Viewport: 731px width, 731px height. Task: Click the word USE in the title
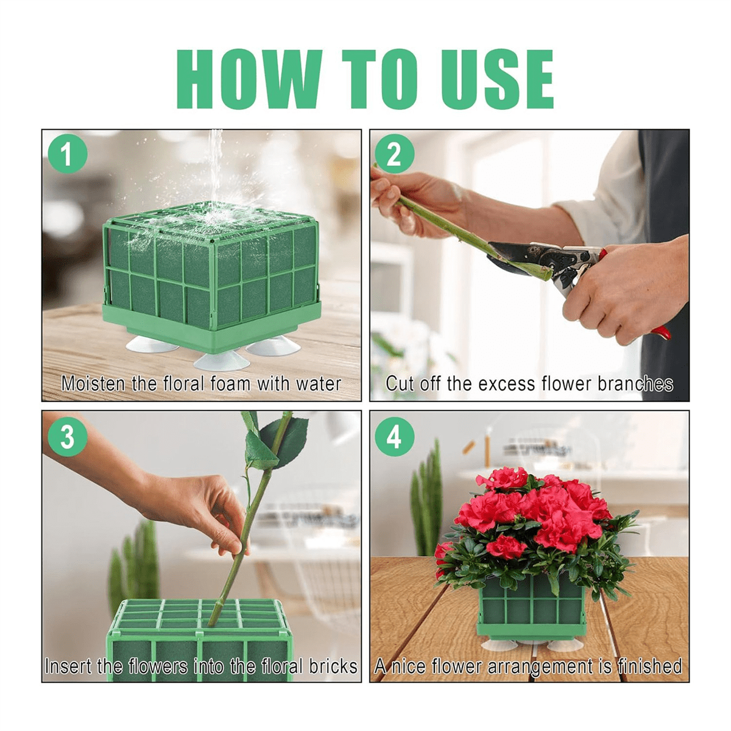(497, 79)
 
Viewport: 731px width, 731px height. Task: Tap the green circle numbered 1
(68, 154)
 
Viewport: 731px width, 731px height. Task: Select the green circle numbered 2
(395, 154)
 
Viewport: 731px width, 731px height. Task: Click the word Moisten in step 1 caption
(93, 384)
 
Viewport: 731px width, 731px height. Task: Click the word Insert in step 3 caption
(68, 666)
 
